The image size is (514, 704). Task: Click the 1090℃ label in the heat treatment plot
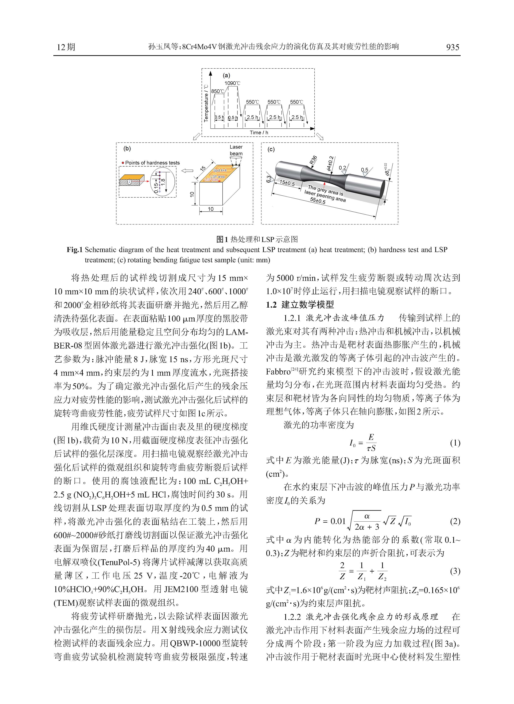pyautogui.click(x=232, y=83)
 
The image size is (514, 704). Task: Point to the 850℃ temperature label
pyautogui.click(x=218, y=91)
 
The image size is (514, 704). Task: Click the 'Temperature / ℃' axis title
pyautogui.click(x=206, y=103)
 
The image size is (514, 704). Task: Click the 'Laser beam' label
pyautogui.click(x=236, y=150)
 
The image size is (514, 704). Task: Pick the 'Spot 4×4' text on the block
pyautogui.click(x=220, y=170)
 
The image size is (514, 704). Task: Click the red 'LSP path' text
pyautogui.click(x=211, y=180)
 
